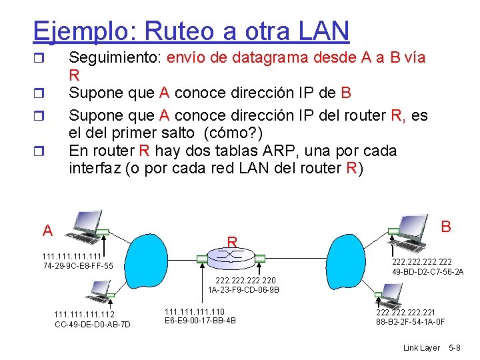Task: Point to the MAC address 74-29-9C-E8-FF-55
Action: [77, 266]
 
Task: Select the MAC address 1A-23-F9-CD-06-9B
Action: [243, 290]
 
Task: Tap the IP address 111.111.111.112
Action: [84, 315]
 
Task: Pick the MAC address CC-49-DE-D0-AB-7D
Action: [93, 325]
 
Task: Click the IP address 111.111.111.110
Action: [195, 311]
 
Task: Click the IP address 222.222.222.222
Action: [423, 262]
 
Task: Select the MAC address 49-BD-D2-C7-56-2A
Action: [428, 272]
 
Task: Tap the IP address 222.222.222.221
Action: [406, 312]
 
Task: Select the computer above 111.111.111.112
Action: [99, 289]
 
